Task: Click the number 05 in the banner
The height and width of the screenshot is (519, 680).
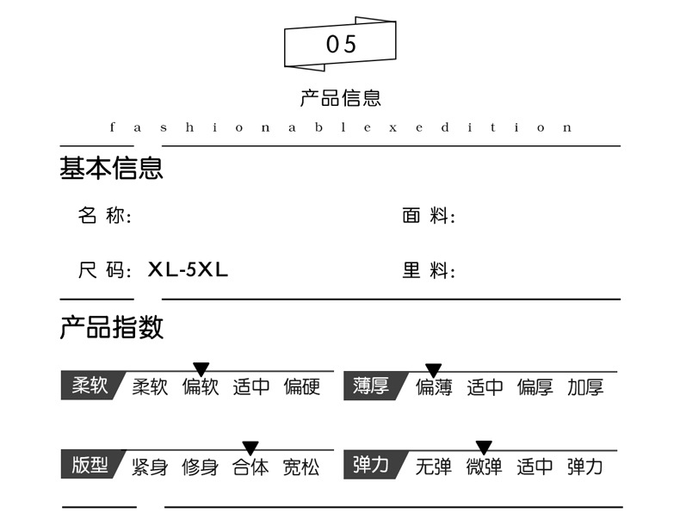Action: [x=341, y=45]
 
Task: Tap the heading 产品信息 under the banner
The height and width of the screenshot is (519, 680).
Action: [x=340, y=98]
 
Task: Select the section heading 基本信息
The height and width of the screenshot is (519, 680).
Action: [x=111, y=168]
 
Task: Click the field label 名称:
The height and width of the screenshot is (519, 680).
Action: [x=105, y=216]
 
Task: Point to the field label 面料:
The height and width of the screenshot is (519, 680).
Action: [x=429, y=216]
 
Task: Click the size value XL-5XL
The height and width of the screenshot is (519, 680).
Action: [x=189, y=269]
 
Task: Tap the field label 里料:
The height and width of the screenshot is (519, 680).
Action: [x=429, y=271]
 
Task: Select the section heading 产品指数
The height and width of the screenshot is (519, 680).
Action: [x=111, y=327]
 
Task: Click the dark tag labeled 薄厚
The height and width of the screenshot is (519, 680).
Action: [x=371, y=386]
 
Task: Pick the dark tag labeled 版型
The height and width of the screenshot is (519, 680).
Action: [x=90, y=466]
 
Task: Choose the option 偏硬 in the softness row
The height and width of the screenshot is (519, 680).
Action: [x=302, y=387]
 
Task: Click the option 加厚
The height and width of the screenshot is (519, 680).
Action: [x=585, y=387]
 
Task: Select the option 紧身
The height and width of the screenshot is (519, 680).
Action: [x=150, y=466]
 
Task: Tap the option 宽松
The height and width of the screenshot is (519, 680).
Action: [x=301, y=466]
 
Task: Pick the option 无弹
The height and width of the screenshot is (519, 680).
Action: [x=433, y=466]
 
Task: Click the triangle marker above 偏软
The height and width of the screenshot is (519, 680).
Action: [x=201, y=369]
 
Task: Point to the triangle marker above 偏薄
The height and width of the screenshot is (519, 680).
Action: [x=434, y=369]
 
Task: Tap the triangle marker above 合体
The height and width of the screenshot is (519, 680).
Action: [x=250, y=448]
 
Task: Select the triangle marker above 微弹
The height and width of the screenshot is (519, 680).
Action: [x=484, y=448]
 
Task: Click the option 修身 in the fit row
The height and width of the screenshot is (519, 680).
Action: [x=200, y=466]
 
